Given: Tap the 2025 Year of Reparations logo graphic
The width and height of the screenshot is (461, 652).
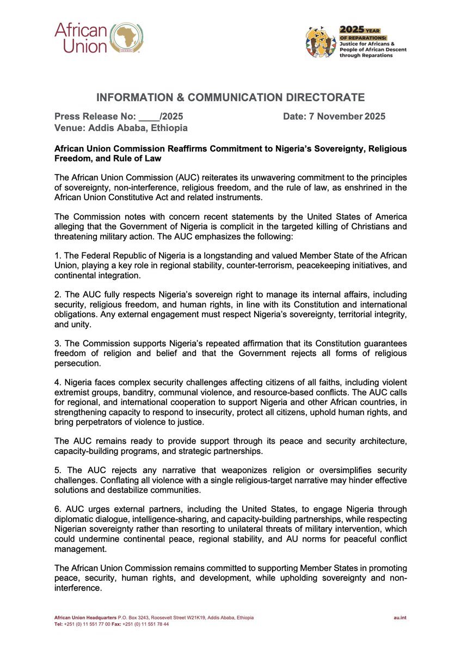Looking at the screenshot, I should coord(321,42).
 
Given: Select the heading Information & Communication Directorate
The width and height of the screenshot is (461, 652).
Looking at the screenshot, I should coord(230,98).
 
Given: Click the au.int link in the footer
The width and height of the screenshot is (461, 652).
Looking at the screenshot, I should coord(401,618).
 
